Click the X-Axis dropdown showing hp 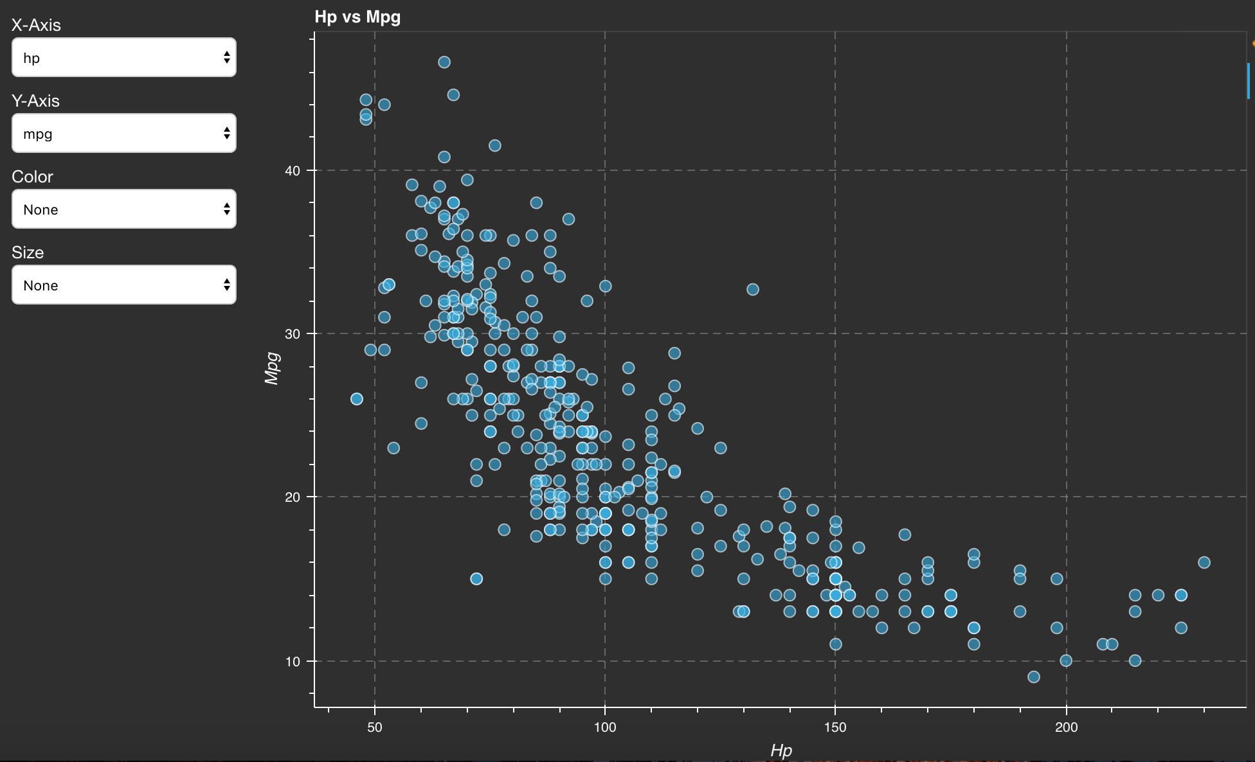123,58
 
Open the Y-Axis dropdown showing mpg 123,134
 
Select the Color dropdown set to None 123,209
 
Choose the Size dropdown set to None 123,285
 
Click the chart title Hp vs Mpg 357,17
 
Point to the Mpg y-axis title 272,368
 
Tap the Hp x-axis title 781,750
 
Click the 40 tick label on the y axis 293,171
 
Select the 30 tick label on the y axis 293,334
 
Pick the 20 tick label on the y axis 293,497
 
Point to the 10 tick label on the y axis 293,662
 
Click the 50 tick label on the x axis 374,727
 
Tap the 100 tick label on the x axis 604,727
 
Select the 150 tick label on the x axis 835,727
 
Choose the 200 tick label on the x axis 1066,727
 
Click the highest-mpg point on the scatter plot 444,62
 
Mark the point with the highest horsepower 1204,563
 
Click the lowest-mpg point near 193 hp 1034,677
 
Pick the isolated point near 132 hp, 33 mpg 753,290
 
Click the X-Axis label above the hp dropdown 36,25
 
